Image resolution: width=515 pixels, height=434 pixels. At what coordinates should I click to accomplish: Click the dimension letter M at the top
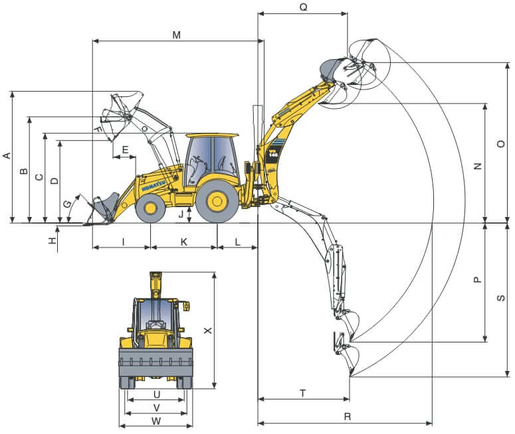tap(176, 35)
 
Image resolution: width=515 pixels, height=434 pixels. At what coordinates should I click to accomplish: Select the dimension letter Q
tap(303, 7)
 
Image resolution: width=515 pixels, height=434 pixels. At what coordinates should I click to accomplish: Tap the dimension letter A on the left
tap(7, 156)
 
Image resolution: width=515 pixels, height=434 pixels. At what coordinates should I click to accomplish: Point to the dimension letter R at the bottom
tap(348, 417)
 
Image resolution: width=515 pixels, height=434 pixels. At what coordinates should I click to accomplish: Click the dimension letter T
tap(303, 394)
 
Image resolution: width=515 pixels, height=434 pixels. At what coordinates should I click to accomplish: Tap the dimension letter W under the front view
tap(156, 421)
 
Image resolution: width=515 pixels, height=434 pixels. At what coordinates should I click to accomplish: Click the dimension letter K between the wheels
tap(184, 242)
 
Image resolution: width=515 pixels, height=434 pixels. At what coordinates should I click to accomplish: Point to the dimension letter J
tap(180, 214)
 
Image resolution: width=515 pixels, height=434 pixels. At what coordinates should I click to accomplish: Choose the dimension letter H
tap(52, 240)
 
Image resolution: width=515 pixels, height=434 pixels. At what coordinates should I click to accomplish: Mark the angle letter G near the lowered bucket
tap(66, 203)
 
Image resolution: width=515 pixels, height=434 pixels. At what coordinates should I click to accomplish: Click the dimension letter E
tap(124, 151)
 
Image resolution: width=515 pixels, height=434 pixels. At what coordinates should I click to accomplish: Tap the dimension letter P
tap(477, 280)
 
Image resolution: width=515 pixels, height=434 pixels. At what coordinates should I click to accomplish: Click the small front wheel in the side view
tap(150, 208)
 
